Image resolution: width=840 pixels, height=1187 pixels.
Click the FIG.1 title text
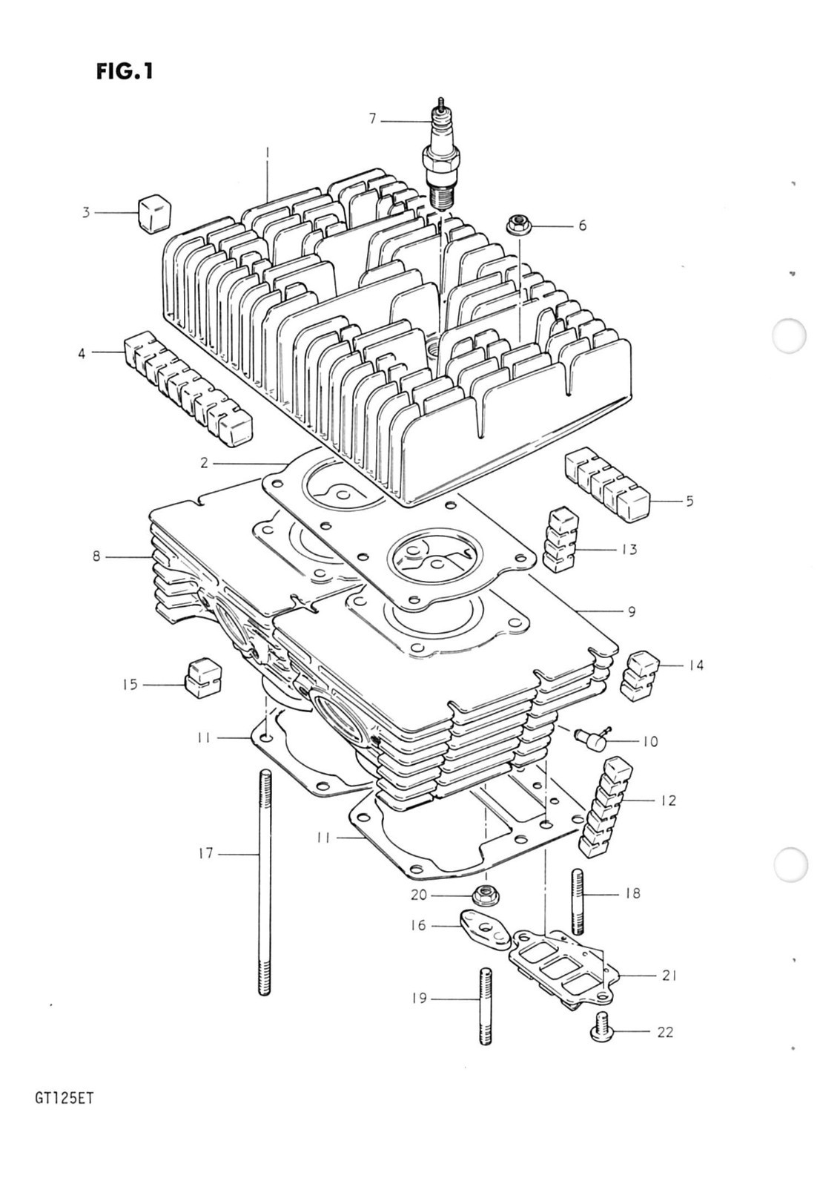point(124,71)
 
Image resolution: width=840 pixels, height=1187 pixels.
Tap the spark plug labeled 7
point(441,160)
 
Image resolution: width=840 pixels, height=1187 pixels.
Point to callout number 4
point(82,354)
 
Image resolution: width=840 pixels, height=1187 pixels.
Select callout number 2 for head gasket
point(204,464)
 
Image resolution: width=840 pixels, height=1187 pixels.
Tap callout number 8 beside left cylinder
point(96,556)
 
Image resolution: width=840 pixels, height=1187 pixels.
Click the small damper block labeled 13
point(561,540)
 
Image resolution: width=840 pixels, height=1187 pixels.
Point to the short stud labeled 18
point(578,901)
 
